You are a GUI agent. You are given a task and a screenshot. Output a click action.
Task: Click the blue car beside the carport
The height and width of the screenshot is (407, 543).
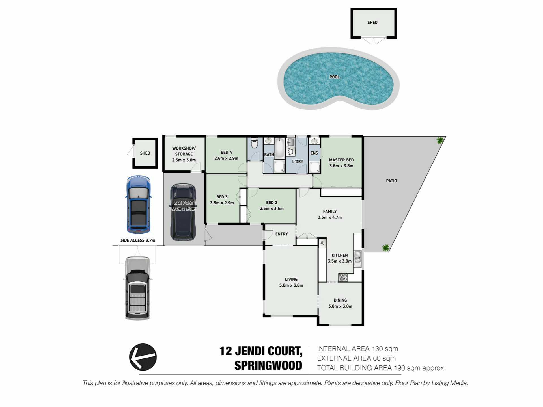coord(138,204)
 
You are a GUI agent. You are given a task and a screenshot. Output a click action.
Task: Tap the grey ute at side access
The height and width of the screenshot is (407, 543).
coord(137,288)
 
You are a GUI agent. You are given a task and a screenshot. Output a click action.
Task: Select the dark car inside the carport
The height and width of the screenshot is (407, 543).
coord(183,212)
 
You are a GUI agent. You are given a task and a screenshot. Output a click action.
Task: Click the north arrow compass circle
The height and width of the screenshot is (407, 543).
coord(143,357)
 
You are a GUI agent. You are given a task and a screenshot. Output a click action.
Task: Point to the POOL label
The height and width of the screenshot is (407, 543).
coord(335,77)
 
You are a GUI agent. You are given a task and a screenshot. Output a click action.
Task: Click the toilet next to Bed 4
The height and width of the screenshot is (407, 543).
coord(255,143)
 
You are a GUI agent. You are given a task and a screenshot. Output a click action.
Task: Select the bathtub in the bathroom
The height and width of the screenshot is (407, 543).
coord(279,148)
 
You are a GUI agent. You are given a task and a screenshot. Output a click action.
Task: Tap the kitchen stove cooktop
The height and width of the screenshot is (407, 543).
coord(343,277)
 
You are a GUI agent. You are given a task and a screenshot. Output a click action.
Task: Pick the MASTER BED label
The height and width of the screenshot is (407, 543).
coord(341,160)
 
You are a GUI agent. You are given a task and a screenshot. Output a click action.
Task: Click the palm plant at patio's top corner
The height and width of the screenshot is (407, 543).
coord(440,140)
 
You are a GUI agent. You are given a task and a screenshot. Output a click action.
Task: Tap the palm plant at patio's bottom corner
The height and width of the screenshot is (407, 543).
coord(385,248)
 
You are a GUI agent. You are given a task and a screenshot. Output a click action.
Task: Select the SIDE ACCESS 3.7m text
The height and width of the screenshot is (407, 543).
coord(138,240)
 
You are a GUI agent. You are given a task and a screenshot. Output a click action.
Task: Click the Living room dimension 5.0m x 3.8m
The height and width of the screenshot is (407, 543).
coord(291,285)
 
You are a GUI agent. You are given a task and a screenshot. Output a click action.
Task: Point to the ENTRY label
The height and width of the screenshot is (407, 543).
coord(281,234)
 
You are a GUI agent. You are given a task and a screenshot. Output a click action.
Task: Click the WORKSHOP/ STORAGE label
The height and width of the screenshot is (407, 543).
coord(184,151)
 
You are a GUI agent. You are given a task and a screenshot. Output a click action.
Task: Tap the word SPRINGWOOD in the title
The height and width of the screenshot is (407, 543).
coord(268,365)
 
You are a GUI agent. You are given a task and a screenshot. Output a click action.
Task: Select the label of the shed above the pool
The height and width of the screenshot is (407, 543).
coord(372,23)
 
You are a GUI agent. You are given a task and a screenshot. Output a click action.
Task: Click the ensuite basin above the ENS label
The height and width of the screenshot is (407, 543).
coord(314,141)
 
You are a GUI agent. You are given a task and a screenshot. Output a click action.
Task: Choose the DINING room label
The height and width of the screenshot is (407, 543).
coord(340,300)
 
